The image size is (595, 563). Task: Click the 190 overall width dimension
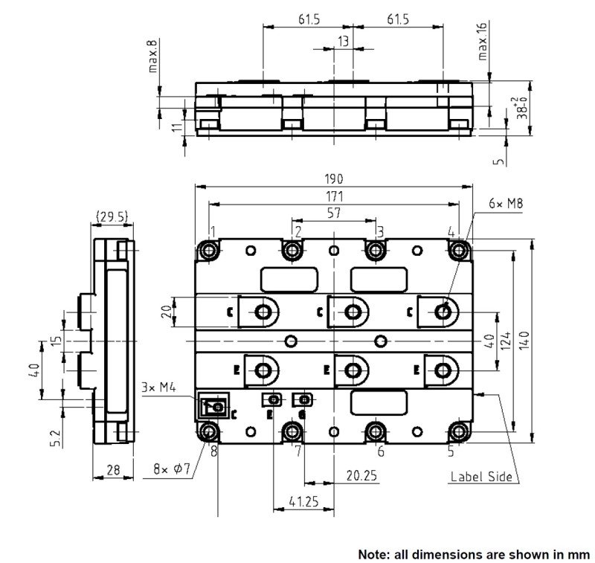click(334, 178)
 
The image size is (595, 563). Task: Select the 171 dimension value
click(334, 196)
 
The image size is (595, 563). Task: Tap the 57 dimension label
click(334, 213)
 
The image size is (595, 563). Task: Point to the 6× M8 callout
click(506, 204)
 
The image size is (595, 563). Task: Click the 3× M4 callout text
click(158, 387)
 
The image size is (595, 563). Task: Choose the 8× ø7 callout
click(172, 469)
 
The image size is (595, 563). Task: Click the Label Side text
click(481, 477)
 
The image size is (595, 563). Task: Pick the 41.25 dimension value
click(303, 501)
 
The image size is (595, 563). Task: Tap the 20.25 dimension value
click(361, 475)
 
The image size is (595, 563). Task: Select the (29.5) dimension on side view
click(112, 216)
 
